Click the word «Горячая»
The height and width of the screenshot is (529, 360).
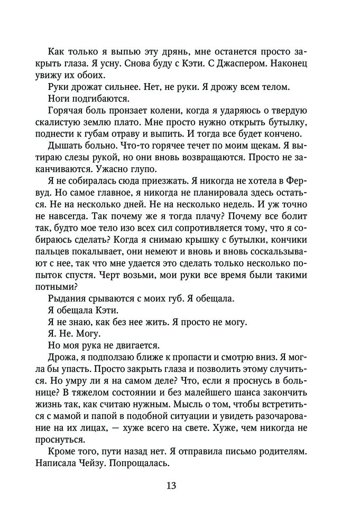[x=67, y=111]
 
